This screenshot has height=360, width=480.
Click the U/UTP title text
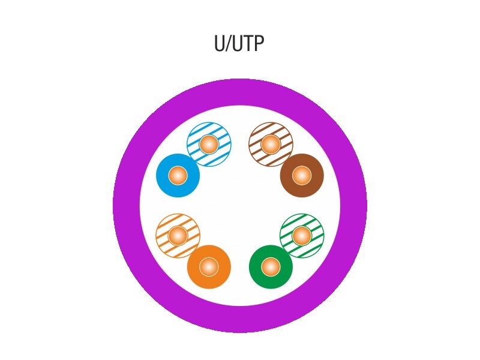[x=239, y=44]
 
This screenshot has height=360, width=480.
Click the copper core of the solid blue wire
[x=178, y=176]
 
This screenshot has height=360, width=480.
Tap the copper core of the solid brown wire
[x=302, y=176]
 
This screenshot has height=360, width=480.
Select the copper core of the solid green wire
[x=271, y=267]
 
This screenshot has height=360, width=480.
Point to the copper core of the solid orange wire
[x=209, y=267]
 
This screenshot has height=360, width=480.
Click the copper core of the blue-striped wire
[x=209, y=144]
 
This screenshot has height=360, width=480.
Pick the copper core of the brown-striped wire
[x=271, y=144]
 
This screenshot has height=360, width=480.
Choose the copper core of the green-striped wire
[x=302, y=236]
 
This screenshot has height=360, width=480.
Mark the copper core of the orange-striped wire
[x=178, y=236]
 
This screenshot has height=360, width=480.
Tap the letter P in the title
[x=258, y=44]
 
